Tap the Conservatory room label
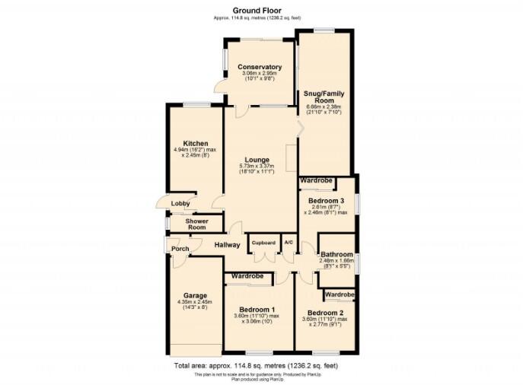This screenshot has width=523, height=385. tap(259, 67)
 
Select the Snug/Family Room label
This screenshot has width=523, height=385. tap(324, 97)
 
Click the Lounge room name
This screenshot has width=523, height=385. tap(256, 159)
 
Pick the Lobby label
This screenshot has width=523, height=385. tap(180, 203)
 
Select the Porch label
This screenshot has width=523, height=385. tap(180, 249)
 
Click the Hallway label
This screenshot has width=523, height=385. tap(227, 245)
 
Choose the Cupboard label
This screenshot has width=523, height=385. tap(264, 243)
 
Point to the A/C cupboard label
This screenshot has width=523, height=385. tap(289, 243)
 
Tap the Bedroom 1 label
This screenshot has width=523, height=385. tap(257, 309)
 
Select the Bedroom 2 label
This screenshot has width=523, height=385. tap(326, 313)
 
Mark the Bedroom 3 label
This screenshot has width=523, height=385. tap(326, 201)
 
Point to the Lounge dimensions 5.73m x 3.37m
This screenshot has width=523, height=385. tap(256, 167)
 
